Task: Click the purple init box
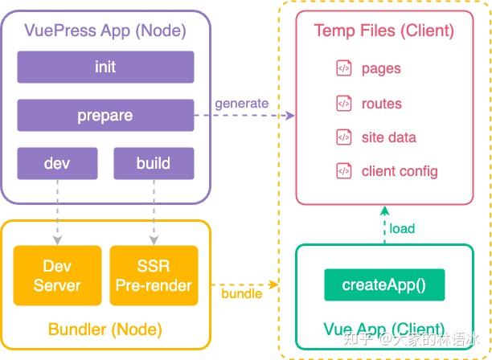(x=105, y=67)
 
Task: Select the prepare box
(x=105, y=116)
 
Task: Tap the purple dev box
(x=57, y=163)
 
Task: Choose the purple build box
(x=153, y=163)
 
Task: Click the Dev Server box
(x=57, y=276)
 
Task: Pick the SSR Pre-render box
(x=153, y=276)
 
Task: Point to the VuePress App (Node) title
(x=105, y=31)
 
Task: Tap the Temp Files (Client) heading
(x=384, y=31)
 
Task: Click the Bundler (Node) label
(x=105, y=329)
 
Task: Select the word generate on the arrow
(x=241, y=104)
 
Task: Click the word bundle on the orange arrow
(x=241, y=293)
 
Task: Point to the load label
(x=402, y=228)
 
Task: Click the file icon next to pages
(x=343, y=69)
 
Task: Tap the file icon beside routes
(x=343, y=103)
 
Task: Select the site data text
(x=389, y=137)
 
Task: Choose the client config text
(x=400, y=170)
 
